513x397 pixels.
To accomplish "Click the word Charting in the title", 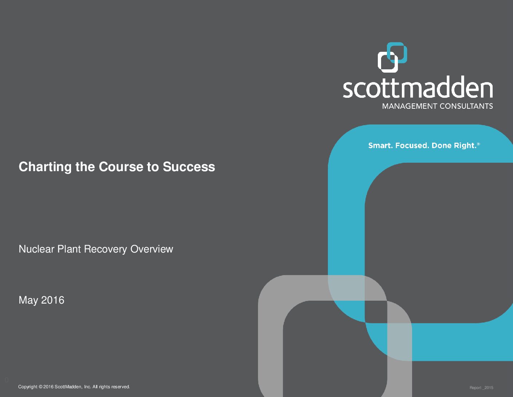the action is (45, 167).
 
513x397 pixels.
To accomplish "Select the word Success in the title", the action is (189, 167).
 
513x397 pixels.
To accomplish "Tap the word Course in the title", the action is (121, 167).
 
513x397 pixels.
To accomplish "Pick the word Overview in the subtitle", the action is (152, 249).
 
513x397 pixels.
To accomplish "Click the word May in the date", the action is (28, 300).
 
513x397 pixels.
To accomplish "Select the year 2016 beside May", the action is (52, 300).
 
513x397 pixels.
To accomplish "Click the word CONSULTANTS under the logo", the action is (466, 106).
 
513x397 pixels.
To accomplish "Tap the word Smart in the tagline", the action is (380, 146).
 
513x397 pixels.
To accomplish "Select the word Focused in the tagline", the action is (412, 146).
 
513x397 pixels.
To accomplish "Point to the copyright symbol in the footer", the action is (40, 386).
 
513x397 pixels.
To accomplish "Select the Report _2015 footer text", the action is (481, 388).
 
